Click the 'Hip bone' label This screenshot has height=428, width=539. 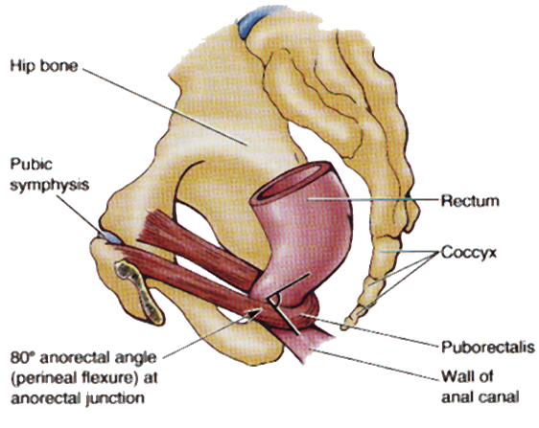(44, 65)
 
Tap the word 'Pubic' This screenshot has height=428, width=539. (32, 164)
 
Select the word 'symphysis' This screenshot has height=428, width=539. (50, 185)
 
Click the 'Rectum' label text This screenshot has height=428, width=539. (470, 201)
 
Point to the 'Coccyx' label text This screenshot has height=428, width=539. (469, 253)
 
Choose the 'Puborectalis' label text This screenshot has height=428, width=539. (488, 347)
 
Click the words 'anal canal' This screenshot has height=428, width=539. (480, 397)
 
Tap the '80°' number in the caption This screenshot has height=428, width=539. (23, 358)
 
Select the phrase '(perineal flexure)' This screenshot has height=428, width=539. (72, 378)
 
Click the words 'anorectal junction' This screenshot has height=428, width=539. (78, 398)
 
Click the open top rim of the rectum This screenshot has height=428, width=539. (294, 179)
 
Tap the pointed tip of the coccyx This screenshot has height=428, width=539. (343, 327)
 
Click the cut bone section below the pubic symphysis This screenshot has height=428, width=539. (139, 292)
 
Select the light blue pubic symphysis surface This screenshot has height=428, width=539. (110, 237)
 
